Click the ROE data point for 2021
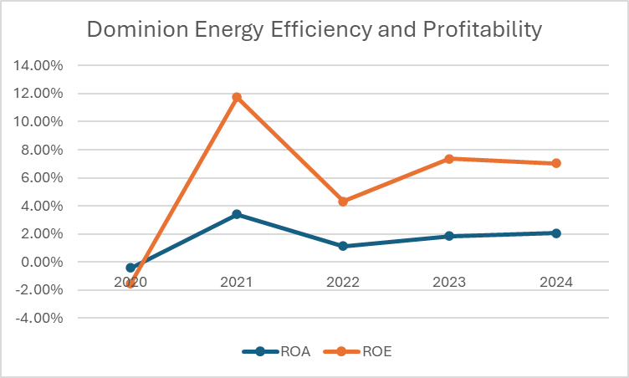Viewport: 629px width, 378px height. [x=237, y=97]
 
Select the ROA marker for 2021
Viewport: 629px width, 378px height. [x=237, y=214]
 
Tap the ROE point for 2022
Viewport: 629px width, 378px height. [x=343, y=202]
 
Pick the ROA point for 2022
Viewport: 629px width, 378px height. [x=343, y=246]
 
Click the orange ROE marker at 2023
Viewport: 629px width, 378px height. [x=449, y=158]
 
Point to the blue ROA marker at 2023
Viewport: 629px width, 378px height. [x=449, y=236]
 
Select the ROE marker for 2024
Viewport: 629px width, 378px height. [x=555, y=163]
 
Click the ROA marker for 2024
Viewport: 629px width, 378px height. [x=555, y=232]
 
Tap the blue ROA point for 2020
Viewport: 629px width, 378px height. [x=130, y=268]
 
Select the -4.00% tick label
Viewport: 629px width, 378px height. [x=40, y=318]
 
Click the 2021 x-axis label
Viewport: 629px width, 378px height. [x=237, y=283]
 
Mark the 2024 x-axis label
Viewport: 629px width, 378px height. [x=555, y=283]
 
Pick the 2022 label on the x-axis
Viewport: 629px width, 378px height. [x=343, y=283]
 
